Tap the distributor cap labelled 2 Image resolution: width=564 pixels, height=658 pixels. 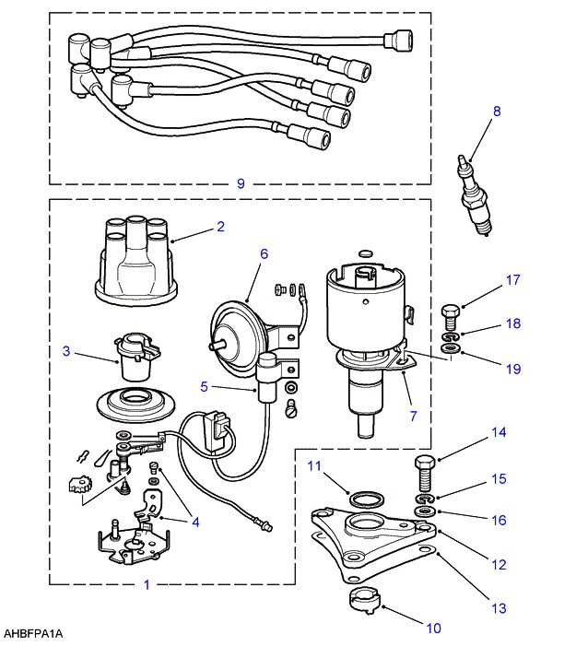(135, 260)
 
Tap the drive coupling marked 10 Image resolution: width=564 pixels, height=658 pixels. (364, 601)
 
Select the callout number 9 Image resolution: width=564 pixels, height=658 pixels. (241, 183)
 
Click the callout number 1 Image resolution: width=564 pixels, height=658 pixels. (147, 584)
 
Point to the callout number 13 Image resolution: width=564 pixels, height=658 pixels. (499, 608)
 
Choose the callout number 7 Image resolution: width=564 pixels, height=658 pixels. (414, 416)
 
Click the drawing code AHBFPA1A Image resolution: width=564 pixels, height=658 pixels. (33, 634)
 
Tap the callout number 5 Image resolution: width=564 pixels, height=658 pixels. (204, 386)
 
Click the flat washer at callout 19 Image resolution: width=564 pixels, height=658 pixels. (451, 347)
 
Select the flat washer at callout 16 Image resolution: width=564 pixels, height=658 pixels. (424, 511)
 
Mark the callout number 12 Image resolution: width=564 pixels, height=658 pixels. (499, 564)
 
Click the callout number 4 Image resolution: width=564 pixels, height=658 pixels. (195, 522)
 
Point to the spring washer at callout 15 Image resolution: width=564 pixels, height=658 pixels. (424, 499)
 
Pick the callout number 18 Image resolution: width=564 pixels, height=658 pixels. (513, 323)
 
